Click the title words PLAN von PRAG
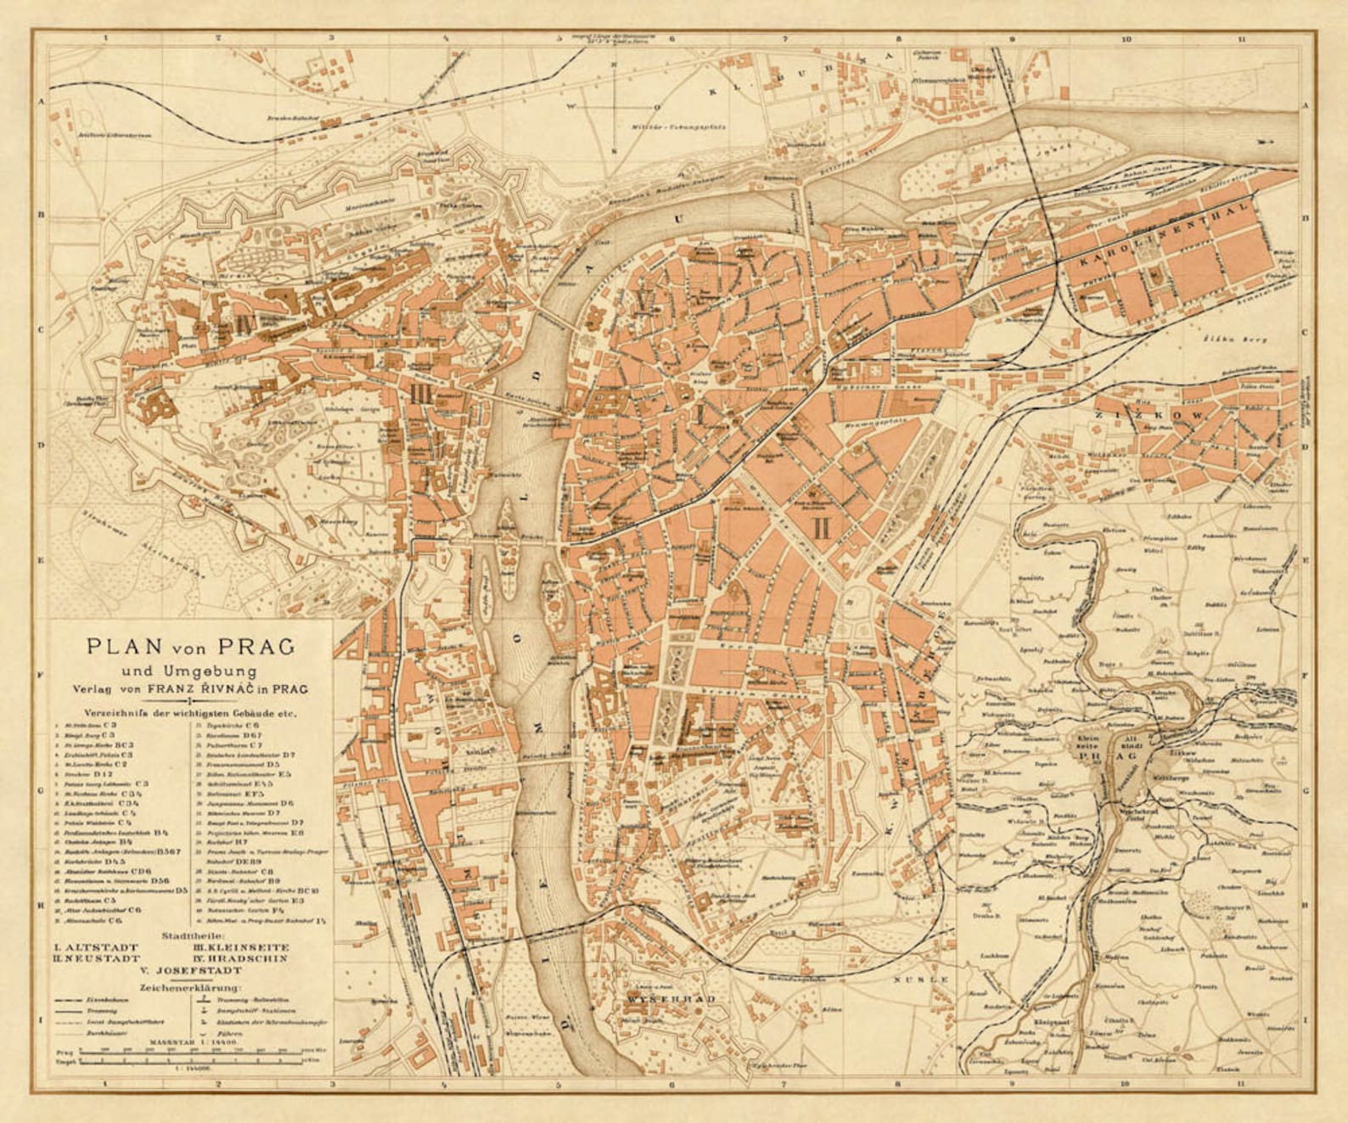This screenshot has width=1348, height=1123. point(191,646)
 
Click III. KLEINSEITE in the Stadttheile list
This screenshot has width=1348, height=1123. point(240,946)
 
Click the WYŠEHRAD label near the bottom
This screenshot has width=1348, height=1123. point(670,999)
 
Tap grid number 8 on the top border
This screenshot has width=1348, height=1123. point(898,38)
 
